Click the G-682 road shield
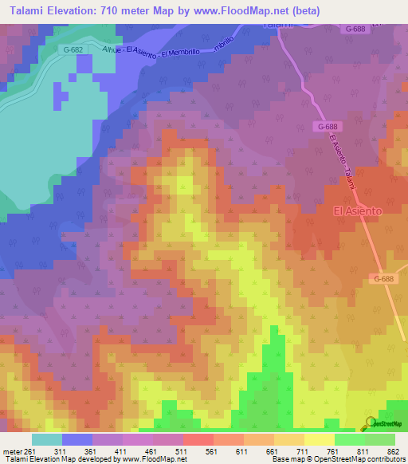click(73, 49)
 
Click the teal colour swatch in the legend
click(47, 439)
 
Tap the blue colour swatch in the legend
click(77, 439)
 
